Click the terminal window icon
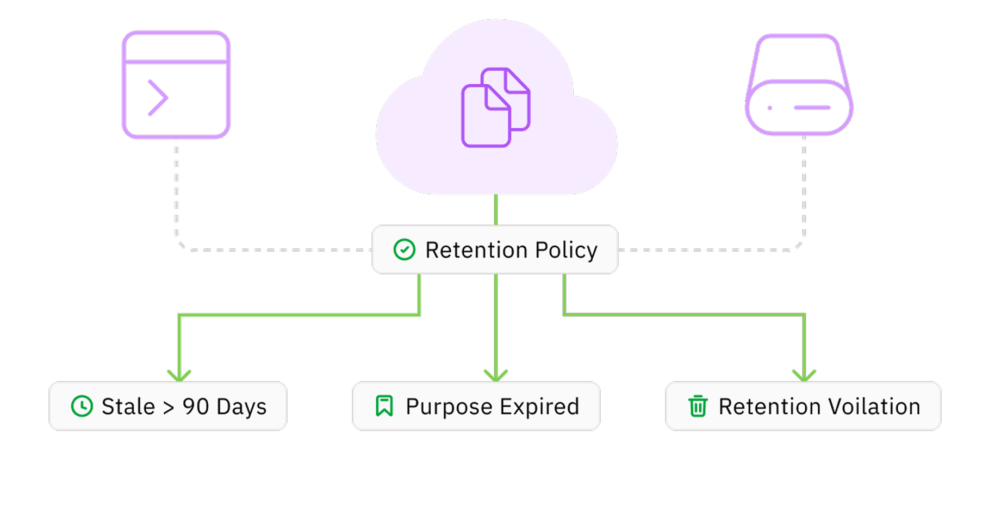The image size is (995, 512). click(x=176, y=85)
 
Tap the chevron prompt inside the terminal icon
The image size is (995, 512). click(x=158, y=98)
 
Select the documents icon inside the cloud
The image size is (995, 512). click(x=495, y=108)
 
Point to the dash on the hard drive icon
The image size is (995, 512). click(x=812, y=108)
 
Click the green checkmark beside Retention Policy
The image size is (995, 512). click(x=405, y=250)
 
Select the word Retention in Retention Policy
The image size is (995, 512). click(x=476, y=250)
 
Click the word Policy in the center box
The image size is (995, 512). click(x=566, y=250)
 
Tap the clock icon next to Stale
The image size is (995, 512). click(x=82, y=407)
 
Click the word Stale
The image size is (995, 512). click(x=128, y=407)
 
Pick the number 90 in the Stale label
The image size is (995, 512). click(x=196, y=407)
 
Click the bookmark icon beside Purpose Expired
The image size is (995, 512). click(x=384, y=406)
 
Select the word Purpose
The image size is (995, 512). click(x=449, y=407)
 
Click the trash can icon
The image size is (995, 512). click(x=698, y=406)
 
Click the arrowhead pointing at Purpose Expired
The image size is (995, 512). click(x=496, y=376)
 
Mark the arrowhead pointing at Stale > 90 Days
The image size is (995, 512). click(x=179, y=376)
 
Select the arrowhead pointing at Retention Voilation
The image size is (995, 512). click(x=804, y=376)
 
